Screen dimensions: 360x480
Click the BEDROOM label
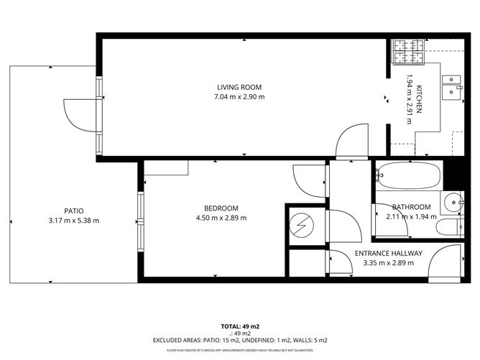coord(216,209)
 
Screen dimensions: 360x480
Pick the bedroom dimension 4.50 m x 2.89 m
coord(216,218)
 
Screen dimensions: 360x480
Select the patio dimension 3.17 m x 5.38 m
coord(69,221)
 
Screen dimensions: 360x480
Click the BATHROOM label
coord(411,207)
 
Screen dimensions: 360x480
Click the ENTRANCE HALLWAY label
coord(389,253)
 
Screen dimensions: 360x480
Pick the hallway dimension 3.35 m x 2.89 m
coord(389,263)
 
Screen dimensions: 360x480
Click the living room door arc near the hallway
coord(351,140)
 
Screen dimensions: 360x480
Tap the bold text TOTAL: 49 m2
coord(239,326)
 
